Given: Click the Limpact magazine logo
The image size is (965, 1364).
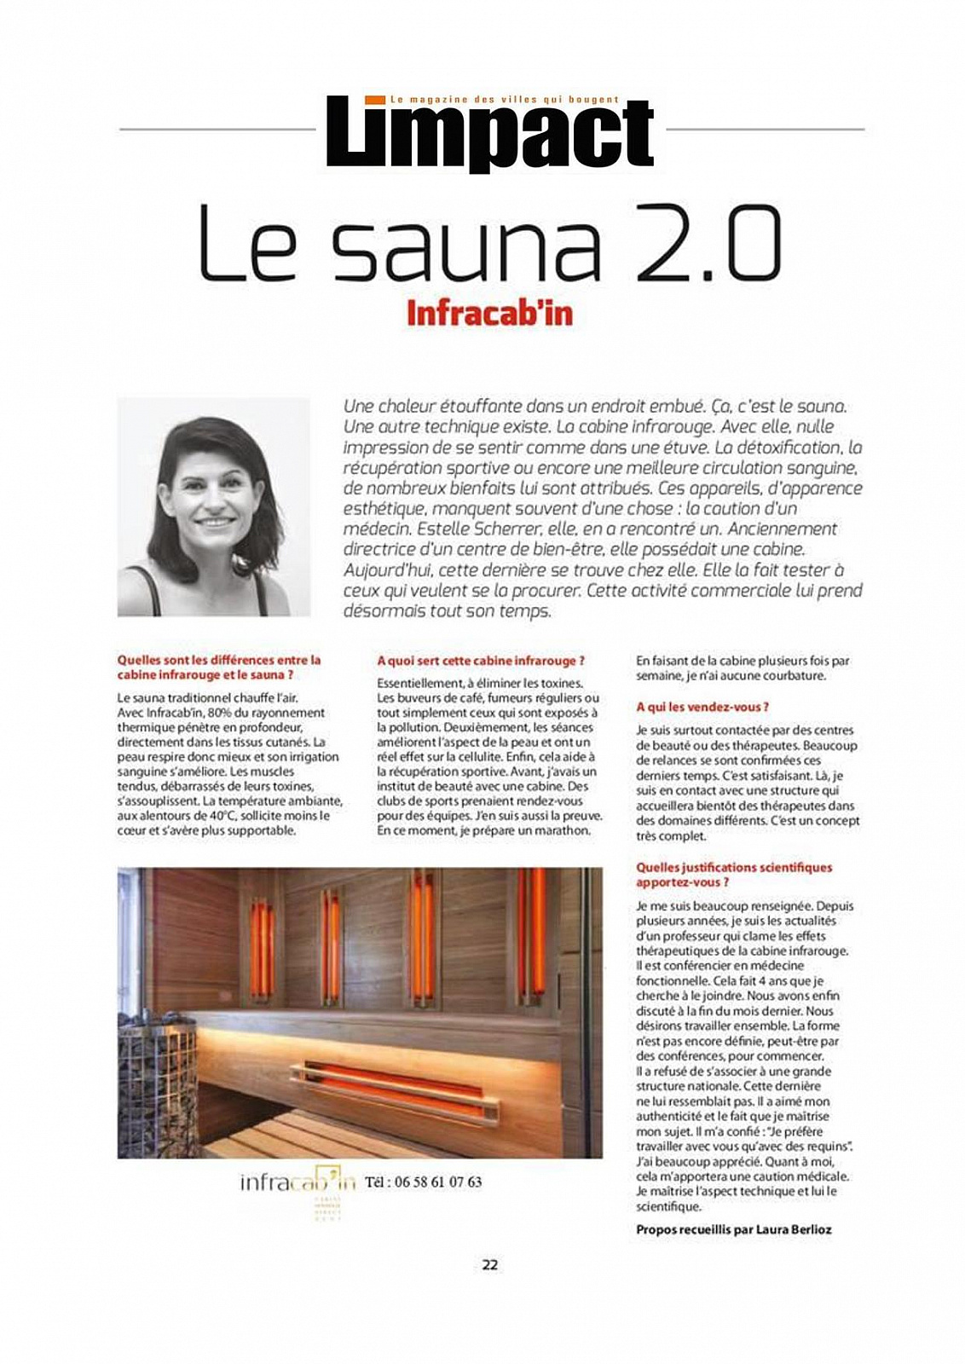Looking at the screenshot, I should pos(489,135).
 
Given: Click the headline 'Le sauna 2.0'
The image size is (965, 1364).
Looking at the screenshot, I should pos(489,243).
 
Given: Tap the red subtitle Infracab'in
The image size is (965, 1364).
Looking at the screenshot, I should pos(489,314).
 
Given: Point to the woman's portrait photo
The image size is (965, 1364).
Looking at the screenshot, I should pos(213,506).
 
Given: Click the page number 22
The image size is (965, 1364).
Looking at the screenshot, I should pos(489,1264).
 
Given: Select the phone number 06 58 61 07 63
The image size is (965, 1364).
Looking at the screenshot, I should pos(423,1182).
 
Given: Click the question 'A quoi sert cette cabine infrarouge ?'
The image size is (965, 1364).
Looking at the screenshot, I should pos(481,661).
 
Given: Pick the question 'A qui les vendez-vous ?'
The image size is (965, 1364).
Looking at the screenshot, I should pos(702,707).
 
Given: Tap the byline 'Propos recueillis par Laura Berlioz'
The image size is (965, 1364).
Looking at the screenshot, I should pos(733,1229).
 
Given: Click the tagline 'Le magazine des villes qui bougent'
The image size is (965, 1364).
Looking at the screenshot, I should pos(504,100).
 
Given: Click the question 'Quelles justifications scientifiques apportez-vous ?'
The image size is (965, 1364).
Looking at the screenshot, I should pos(733,875).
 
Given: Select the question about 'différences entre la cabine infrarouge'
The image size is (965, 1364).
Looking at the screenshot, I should pos(219,667).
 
